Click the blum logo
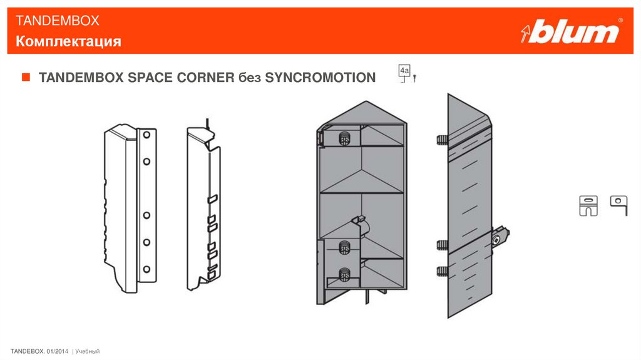(x=572, y=31)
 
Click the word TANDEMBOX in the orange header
(x=57, y=21)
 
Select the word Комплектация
(x=68, y=41)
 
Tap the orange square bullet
(x=26, y=77)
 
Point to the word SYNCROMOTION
(x=320, y=77)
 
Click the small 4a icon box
(x=404, y=71)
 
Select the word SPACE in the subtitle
(x=150, y=77)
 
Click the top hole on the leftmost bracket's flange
(x=146, y=135)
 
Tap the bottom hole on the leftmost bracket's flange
(x=146, y=269)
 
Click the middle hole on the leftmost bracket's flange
(x=146, y=215)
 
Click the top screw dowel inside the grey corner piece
(x=345, y=139)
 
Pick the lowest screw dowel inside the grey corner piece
(x=345, y=274)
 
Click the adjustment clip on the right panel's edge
(x=500, y=237)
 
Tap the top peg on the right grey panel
(x=443, y=140)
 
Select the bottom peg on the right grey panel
(x=443, y=271)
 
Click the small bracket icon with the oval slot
(x=588, y=205)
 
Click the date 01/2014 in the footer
(x=58, y=351)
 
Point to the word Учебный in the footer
(x=88, y=351)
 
